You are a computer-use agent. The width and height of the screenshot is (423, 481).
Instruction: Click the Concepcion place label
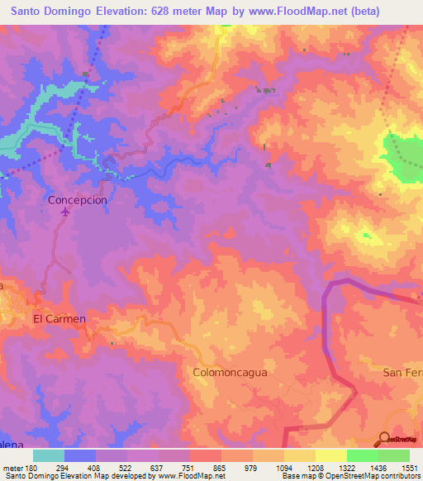[78, 200]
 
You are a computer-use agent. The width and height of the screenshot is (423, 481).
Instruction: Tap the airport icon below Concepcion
[65, 213]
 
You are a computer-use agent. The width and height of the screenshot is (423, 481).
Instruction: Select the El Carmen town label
[59, 318]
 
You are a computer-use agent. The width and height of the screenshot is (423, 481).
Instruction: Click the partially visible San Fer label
[402, 373]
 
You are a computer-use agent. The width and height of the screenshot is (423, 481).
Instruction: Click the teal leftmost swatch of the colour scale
[49, 455]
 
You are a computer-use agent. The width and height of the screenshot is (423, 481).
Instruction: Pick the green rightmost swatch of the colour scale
[393, 455]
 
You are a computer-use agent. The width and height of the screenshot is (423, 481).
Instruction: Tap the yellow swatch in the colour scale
[330, 455]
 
